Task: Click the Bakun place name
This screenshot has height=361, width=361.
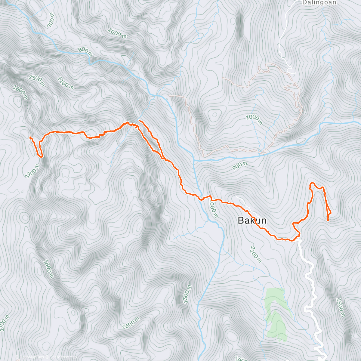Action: point(252,221)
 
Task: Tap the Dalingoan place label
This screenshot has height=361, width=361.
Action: point(315,3)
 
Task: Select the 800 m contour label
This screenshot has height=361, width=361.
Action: point(85,52)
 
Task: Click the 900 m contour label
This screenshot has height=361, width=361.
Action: point(240,165)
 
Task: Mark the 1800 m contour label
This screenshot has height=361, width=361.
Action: point(48,269)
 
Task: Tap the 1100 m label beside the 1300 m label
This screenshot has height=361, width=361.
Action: point(65,83)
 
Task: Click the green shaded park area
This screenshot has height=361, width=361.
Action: point(275,313)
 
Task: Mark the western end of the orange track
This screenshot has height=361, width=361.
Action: point(30,137)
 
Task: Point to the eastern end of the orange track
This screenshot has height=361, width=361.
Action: point(328,221)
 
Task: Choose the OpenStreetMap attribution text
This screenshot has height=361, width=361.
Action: point(61,357)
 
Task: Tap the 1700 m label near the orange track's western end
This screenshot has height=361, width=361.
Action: point(32,171)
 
